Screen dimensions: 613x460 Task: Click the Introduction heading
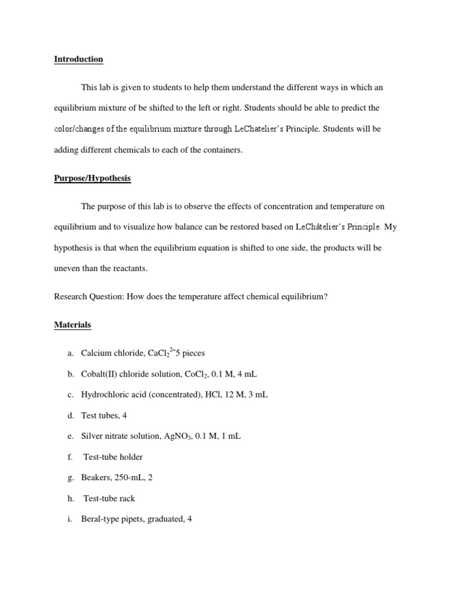[x=78, y=59]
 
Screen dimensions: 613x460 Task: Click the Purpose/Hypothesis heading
[x=92, y=178]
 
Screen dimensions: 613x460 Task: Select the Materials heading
[x=72, y=325]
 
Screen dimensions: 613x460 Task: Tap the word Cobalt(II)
[x=102, y=374]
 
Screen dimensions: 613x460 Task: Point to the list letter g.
[x=70, y=478]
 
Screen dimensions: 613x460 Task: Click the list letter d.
[x=70, y=415]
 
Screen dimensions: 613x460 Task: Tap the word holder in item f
[x=130, y=457]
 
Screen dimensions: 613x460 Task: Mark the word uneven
[x=67, y=269]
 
